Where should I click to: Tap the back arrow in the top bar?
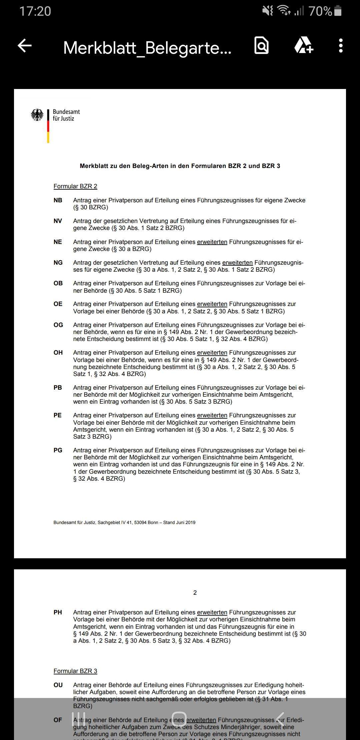[x=25, y=46]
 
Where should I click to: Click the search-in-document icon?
[x=262, y=46]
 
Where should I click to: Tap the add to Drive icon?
[x=303, y=46]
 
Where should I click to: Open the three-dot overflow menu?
[x=340, y=46]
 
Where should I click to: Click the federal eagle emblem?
[x=37, y=115]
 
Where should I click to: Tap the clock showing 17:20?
[x=35, y=11]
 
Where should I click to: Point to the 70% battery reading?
[x=320, y=11]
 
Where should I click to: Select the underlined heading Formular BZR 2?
[x=75, y=186]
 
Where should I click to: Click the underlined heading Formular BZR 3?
[x=75, y=671]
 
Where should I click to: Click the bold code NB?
[x=58, y=200]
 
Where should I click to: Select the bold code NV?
[x=58, y=221]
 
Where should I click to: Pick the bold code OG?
[x=58, y=325]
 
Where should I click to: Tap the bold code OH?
[x=58, y=353]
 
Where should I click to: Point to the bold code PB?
[x=58, y=388]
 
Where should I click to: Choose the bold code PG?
[x=58, y=450]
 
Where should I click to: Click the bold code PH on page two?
[x=58, y=612]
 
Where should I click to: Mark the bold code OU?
[x=58, y=685]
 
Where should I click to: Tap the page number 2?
[x=195, y=593]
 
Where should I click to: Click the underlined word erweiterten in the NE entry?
[x=212, y=242]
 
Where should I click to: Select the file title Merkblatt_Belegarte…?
[x=147, y=48]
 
